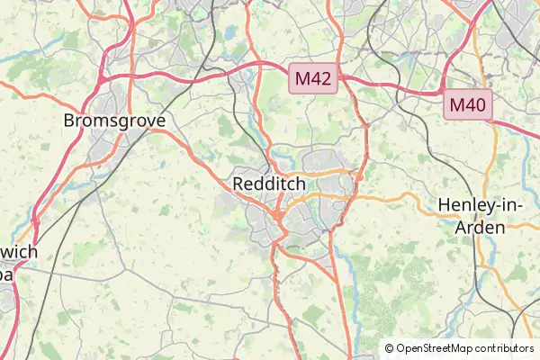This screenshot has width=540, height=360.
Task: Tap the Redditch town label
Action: click(269, 184)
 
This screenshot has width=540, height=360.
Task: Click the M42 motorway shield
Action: click(313, 79)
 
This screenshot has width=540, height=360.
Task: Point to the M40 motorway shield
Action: click(468, 104)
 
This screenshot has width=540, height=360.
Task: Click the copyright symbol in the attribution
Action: click(389, 348)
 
